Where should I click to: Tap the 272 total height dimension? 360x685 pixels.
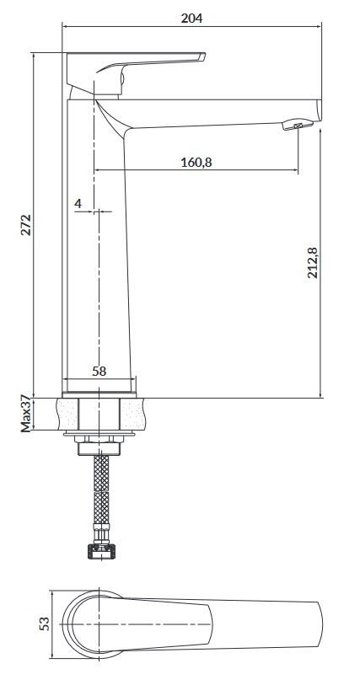point(26,224)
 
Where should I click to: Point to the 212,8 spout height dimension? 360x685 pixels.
point(313,262)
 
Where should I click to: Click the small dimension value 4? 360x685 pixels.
point(78,204)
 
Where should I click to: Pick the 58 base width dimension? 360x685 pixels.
point(99,370)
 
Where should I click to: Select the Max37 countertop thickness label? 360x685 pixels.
point(26,413)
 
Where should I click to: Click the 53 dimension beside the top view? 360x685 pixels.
point(45,623)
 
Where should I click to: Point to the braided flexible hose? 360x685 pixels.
point(101,497)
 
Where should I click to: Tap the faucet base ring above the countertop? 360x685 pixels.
point(99,387)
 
